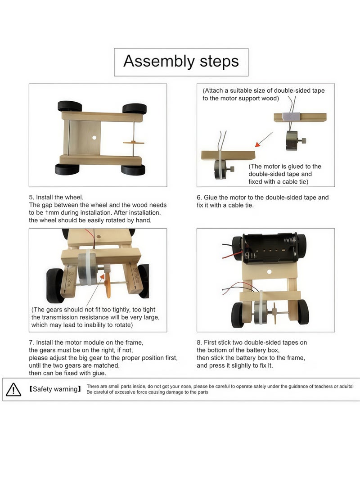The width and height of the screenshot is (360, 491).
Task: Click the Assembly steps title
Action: (x=181, y=61)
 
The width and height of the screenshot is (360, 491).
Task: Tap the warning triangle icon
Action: (x=13, y=389)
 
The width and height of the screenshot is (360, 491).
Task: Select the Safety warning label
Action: (x=55, y=389)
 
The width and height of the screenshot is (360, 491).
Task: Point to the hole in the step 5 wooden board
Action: (x=94, y=137)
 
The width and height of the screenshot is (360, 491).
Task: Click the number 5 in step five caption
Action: (x=31, y=197)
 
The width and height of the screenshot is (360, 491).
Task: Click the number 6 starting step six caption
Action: (x=198, y=197)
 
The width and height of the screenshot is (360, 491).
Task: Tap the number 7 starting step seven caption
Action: (x=31, y=342)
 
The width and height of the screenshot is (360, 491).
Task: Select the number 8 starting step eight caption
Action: (x=198, y=342)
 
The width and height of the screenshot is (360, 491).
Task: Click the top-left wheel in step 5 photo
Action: (x=70, y=107)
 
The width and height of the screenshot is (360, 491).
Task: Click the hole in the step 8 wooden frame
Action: (x=269, y=272)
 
